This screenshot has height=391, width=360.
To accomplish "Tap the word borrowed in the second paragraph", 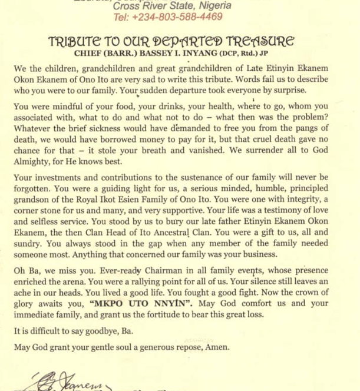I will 130,140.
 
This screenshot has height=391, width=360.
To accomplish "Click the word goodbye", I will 108,331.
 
